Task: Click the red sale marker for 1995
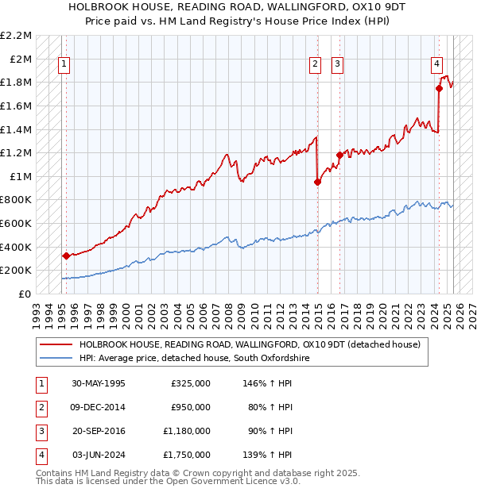point(66,256)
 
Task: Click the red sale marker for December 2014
point(317,182)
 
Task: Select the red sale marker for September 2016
point(339,155)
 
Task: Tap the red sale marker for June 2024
point(439,88)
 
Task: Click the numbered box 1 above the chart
point(64,65)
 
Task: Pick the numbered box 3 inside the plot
point(337,65)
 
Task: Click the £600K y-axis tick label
point(17,223)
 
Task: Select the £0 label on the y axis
point(25,294)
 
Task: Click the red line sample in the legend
point(56,344)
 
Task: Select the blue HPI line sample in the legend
point(56,358)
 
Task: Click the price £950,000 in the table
point(191,407)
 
